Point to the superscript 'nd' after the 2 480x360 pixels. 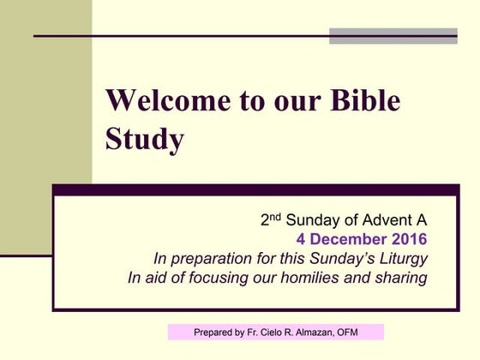tap(276, 216)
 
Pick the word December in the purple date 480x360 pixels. tap(349, 239)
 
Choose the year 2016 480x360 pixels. tap(407, 239)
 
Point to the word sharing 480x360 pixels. tap(399, 278)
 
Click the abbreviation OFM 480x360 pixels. tap(366, 333)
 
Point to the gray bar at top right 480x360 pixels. tap(393, 36)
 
